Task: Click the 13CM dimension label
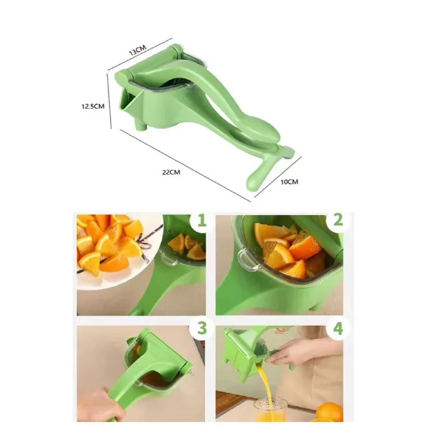137,50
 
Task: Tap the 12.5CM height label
93,106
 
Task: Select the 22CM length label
171,172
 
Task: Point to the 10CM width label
290,182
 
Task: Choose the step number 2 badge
337,221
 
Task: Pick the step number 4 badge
337,328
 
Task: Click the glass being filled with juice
270,409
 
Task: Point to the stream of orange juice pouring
265,388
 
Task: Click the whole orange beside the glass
330,413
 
